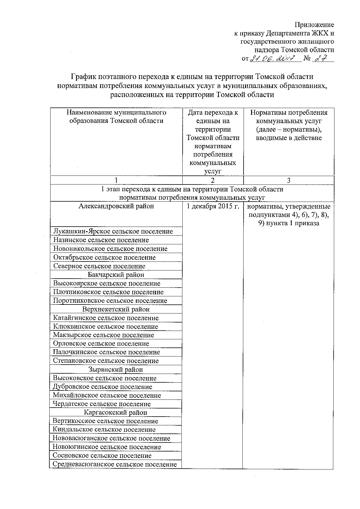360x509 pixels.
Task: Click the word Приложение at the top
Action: click(314, 25)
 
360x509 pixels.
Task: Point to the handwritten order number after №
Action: click(322, 58)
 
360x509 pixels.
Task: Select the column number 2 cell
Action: click(213, 180)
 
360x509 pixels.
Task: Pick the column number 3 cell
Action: click(289, 180)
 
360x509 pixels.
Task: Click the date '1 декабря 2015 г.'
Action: click(213, 207)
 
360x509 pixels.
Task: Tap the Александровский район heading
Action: click(116, 206)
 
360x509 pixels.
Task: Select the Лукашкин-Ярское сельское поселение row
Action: click(113, 231)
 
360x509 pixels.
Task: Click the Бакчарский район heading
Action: click(116, 275)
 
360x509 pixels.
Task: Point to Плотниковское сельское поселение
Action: click(108, 292)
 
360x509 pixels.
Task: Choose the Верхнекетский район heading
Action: click(116, 309)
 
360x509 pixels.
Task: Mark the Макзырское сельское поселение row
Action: click(103, 335)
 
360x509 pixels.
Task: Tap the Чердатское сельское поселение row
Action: click(102, 404)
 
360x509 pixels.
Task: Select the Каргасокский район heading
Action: click(116, 413)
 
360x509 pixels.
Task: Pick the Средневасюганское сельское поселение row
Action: click(115, 464)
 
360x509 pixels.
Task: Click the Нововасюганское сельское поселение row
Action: click(111, 438)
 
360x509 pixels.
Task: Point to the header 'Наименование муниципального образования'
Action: click(116, 117)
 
